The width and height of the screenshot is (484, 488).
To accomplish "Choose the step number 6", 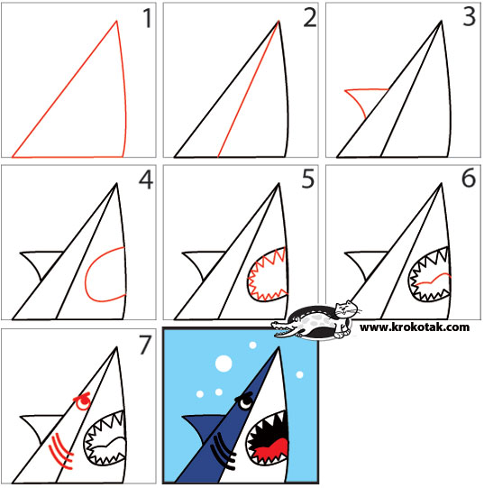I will [467, 180].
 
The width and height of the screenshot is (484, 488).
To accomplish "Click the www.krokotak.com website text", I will [414, 327].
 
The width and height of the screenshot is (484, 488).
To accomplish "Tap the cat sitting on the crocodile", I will [340, 315].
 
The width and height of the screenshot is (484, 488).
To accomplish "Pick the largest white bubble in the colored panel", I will [222, 364].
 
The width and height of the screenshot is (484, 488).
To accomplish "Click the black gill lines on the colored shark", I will [221, 448].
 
